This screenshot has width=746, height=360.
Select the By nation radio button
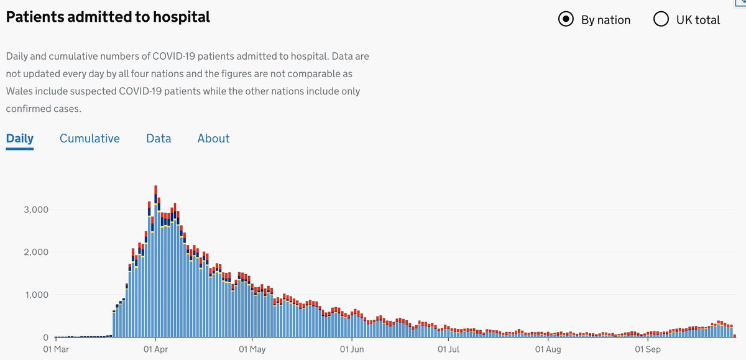(x=566, y=19)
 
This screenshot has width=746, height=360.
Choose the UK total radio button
(x=661, y=19)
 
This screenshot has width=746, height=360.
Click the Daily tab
(x=20, y=139)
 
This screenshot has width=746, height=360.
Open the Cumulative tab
(x=90, y=139)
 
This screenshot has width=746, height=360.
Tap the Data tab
(x=159, y=139)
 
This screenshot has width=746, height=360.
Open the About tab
(x=213, y=139)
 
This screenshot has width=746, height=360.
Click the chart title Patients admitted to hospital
(x=108, y=17)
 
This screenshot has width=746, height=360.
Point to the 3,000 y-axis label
(x=36, y=210)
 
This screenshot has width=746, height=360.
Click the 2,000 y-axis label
(x=36, y=252)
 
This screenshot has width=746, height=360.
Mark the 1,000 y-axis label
(x=37, y=295)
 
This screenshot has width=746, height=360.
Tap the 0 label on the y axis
(x=45, y=338)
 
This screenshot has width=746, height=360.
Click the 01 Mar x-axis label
(x=56, y=349)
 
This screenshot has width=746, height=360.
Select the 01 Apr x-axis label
(x=155, y=349)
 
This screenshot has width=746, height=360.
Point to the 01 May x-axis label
(x=252, y=349)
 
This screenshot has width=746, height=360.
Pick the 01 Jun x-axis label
(x=352, y=349)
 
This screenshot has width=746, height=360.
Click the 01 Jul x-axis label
(x=448, y=349)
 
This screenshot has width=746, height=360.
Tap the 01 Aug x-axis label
(x=548, y=349)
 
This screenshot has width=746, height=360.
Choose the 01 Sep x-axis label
(x=647, y=349)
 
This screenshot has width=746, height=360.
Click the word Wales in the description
(x=19, y=91)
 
